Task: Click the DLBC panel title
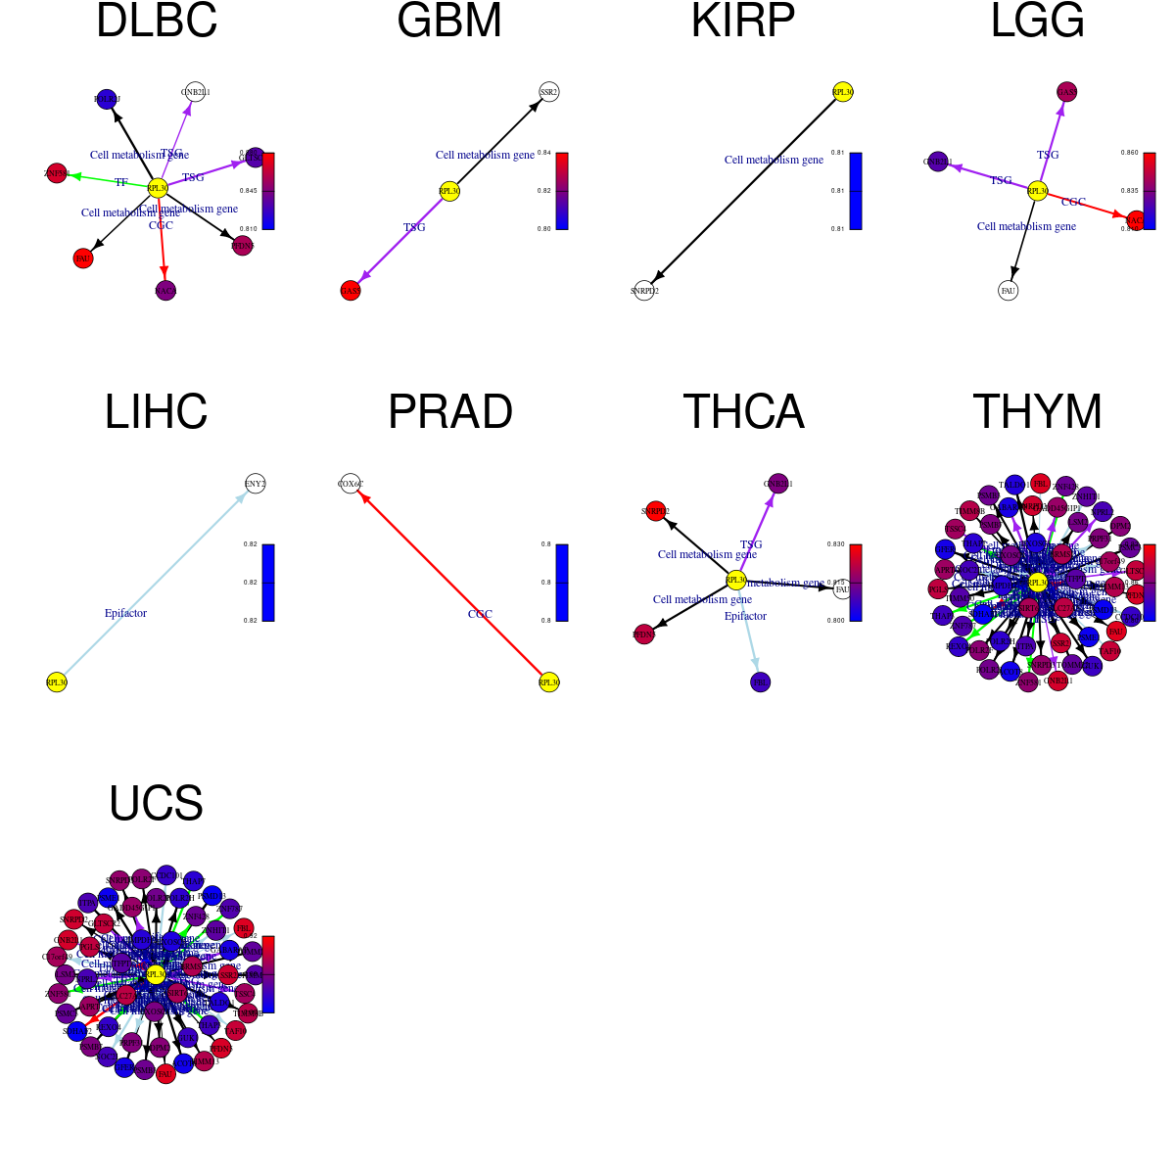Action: [157, 22]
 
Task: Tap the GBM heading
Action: [449, 22]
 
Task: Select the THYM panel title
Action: [1037, 411]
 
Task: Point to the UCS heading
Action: [156, 803]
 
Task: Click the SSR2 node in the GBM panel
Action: [548, 92]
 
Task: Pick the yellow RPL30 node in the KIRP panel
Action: [842, 92]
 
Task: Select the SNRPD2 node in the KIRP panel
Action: [643, 290]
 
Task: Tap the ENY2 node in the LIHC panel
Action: [255, 483]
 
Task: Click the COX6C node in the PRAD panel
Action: [350, 483]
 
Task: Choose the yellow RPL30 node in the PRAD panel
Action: [548, 681]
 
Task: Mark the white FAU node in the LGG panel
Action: [1008, 290]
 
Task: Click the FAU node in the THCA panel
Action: [841, 589]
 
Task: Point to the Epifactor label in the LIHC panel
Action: [125, 613]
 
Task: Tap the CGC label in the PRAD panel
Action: [480, 614]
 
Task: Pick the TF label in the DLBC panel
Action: [121, 182]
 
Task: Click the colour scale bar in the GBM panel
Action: [562, 191]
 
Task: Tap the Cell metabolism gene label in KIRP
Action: [774, 160]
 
